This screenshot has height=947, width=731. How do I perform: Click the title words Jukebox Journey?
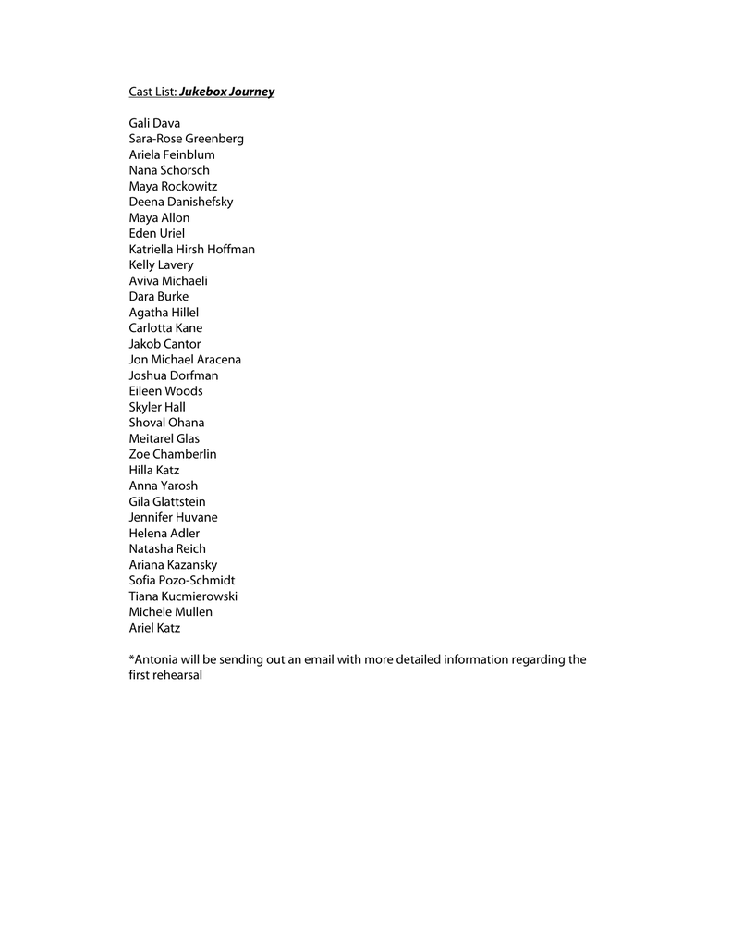[226, 92]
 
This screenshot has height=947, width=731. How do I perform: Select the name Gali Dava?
[154, 123]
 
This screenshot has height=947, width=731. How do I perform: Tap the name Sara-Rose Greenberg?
[186, 139]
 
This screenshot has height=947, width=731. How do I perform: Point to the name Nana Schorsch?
[169, 170]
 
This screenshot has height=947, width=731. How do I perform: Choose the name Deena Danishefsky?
[181, 202]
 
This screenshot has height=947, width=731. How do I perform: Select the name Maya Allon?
[159, 217]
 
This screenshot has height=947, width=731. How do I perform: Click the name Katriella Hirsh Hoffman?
[191, 249]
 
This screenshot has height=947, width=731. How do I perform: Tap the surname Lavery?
[176, 264]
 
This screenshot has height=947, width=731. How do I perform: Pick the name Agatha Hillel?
[164, 313]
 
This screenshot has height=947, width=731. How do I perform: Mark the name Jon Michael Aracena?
[185, 360]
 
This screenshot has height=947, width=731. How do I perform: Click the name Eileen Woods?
[165, 391]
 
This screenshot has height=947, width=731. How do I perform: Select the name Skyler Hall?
[157, 407]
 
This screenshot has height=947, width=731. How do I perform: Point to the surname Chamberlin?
[185, 454]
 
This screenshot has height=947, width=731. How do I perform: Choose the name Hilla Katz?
[154, 470]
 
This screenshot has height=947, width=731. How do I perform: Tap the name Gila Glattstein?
[167, 501]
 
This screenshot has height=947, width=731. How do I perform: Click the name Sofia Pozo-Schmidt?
[182, 581]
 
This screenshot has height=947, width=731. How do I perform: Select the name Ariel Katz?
[154, 628]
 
